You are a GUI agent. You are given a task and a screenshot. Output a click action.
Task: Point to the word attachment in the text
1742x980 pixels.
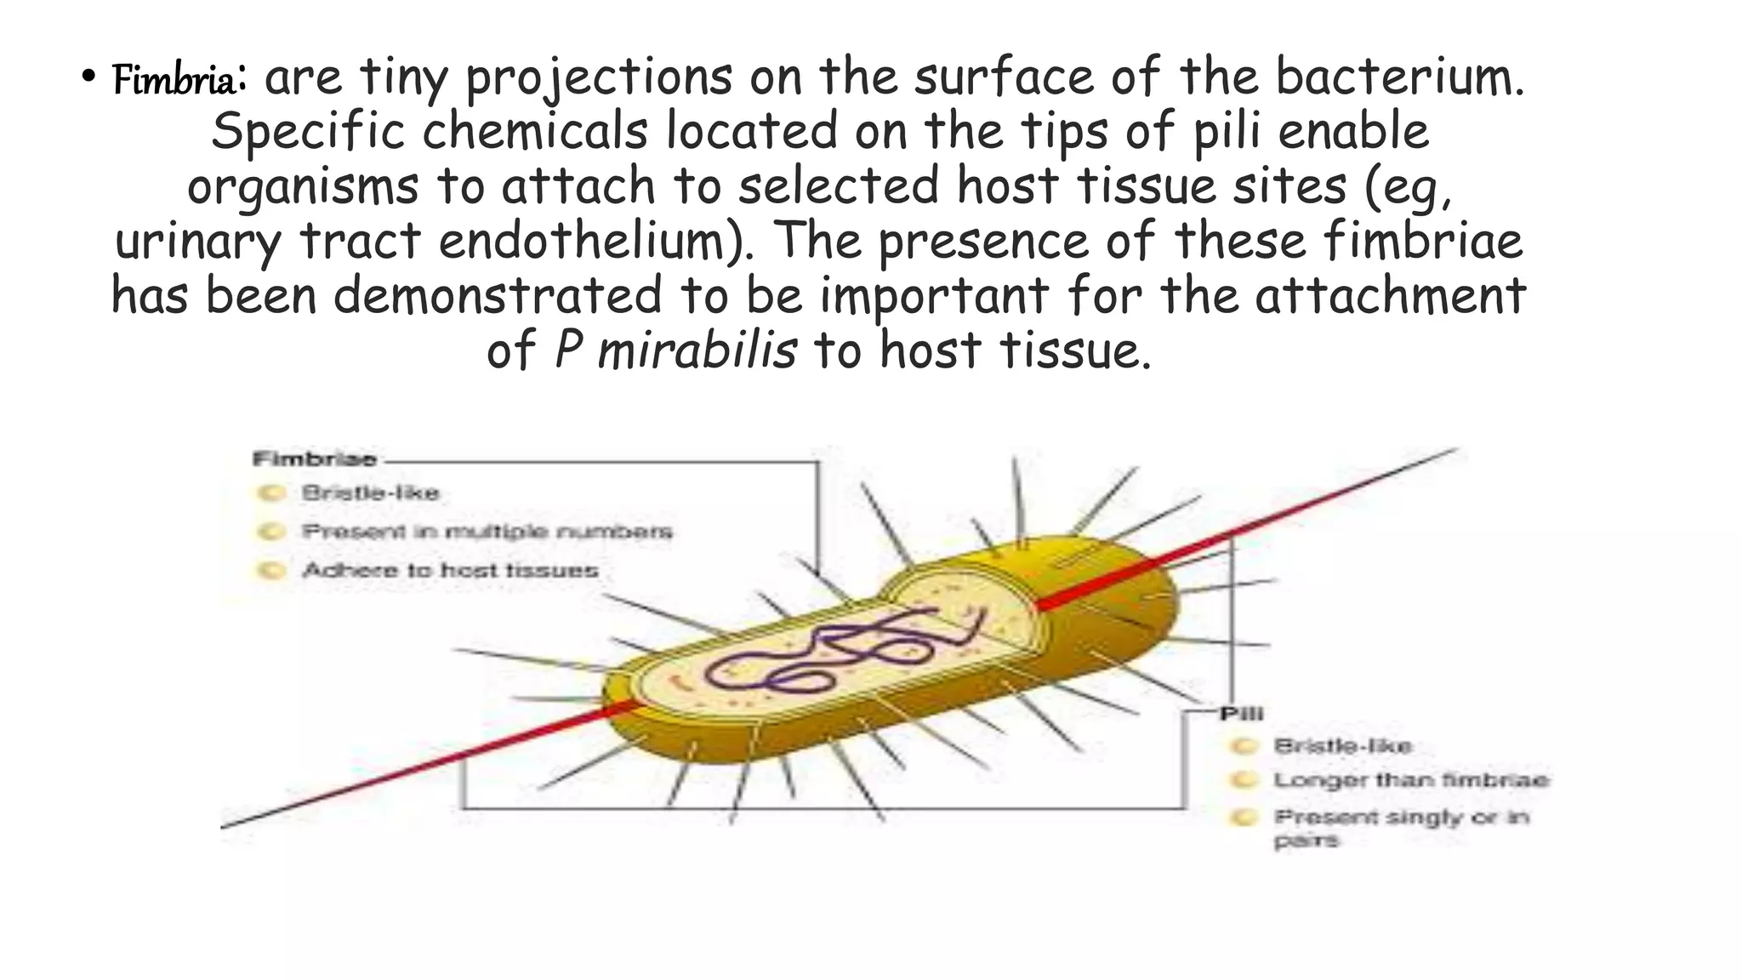coord(1390,296)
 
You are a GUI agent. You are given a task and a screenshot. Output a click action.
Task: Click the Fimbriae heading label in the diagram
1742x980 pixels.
coord(314,460)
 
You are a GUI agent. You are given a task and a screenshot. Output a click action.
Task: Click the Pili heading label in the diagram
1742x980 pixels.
coord(1241,714)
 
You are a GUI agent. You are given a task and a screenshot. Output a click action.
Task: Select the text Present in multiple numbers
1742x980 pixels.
coord(487,533)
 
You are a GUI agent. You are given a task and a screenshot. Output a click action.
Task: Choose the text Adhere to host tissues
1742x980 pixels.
coord(450,571)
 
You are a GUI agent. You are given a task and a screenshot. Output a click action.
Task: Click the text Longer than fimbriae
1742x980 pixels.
coord(1410,781)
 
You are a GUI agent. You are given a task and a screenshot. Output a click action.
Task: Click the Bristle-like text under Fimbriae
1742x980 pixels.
coord(370,493)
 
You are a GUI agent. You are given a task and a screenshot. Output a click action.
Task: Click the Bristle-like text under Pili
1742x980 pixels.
coord(1342,746)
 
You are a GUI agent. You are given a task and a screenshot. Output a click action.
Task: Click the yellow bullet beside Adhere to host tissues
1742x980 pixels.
coord(271,570)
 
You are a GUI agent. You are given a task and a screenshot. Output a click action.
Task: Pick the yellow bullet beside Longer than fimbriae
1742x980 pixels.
coord(1244,780)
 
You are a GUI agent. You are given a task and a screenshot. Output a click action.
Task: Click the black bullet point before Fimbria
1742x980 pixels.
coord(88,77)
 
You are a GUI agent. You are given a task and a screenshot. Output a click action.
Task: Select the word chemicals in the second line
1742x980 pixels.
coord(535,132)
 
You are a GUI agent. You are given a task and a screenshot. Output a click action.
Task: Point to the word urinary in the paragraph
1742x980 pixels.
coord(197,242)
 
